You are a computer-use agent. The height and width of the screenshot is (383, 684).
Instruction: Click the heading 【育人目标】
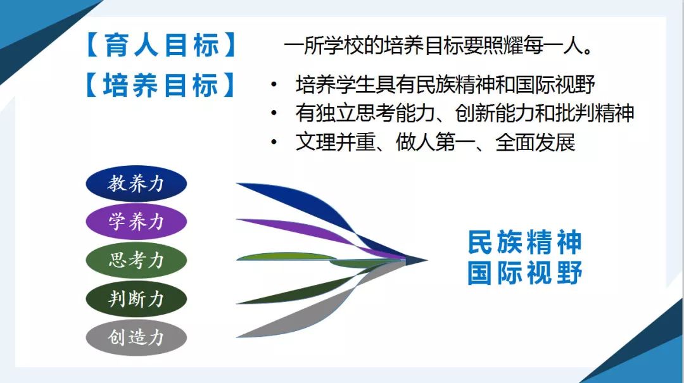[161, 45]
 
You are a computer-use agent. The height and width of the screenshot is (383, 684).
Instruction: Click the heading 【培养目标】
[161, 85]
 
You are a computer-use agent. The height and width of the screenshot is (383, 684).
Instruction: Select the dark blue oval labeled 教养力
[136, 183]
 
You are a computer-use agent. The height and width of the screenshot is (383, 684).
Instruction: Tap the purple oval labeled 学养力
[136, 222]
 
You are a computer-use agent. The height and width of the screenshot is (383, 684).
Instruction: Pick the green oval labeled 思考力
[136, 260]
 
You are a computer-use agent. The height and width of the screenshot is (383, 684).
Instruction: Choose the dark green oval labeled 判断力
[136, 299]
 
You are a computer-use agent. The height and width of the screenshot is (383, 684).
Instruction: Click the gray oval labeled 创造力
[136, 337]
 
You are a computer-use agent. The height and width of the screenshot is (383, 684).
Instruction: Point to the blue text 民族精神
[525, 242]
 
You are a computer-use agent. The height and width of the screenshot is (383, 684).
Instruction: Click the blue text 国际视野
[525, 273]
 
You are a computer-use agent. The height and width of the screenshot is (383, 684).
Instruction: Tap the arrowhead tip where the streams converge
[427, 260]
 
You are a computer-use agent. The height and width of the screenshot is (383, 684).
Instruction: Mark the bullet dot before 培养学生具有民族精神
[274, 84]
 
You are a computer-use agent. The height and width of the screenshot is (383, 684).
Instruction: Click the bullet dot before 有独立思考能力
[274, 113]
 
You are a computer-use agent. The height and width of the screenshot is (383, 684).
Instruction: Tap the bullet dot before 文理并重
[274, 142]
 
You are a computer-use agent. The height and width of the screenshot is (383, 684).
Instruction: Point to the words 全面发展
[535, 142]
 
